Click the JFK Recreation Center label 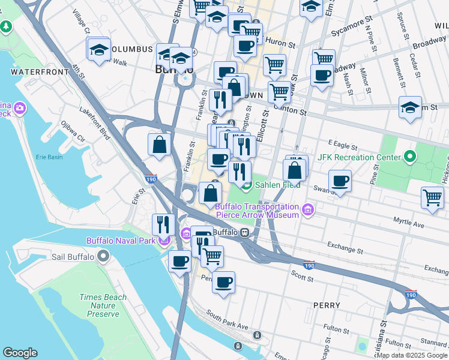click(359, 157)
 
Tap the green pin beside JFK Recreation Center click(410, 157)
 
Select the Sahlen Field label click(277, 185)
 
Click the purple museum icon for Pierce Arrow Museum click(308, 210)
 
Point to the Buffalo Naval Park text click(120, 241)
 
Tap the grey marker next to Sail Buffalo click(103, 257)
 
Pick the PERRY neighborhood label click(327, 305)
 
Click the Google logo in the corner click(20, 352)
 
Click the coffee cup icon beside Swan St click(340, 181)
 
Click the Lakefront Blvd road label click(94, 124)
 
